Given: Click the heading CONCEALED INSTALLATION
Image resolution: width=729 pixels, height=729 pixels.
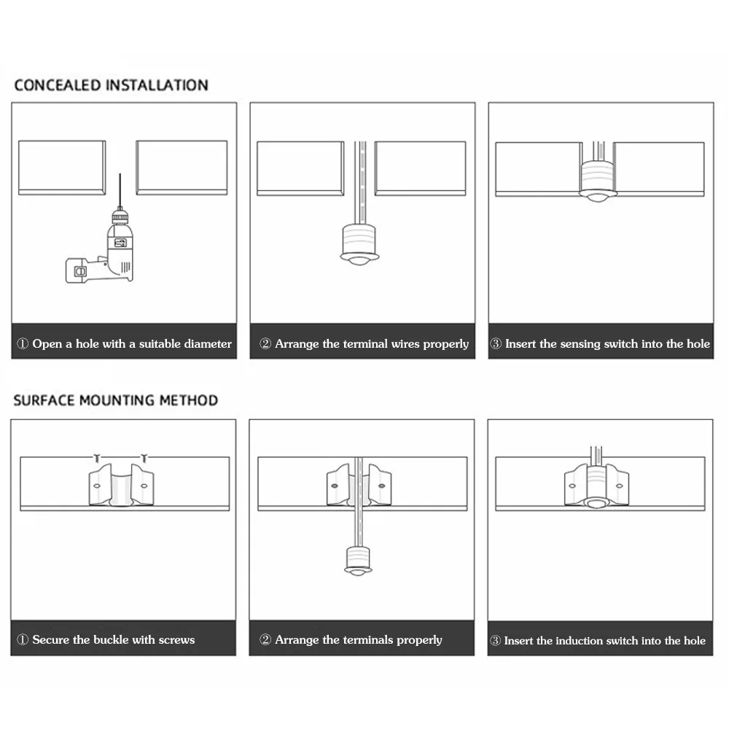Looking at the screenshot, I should point(111,85).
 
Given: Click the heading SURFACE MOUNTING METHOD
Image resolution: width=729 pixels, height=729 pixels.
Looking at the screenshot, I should point(115,400).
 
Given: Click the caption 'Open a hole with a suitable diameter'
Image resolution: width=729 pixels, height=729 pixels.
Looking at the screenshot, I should point(124,343).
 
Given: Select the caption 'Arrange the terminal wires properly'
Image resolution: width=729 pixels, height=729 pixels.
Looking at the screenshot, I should point(364,343).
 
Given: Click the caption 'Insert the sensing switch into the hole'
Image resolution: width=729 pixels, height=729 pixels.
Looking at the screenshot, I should point(600,343).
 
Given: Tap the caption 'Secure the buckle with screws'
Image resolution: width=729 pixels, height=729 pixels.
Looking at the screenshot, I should point(106,639).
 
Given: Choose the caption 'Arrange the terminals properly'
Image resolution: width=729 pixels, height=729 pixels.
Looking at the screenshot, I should point(351,639).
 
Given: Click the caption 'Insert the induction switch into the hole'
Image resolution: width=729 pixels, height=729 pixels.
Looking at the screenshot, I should point(598,641).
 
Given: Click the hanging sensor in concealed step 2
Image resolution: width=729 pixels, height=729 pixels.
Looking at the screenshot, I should point(359,243).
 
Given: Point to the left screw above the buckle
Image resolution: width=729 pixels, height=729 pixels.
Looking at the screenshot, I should point(96,458).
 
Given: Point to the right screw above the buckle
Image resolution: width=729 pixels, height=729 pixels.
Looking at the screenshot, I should point(144,458).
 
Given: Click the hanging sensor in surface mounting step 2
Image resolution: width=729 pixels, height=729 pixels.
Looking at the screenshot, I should point(358,560).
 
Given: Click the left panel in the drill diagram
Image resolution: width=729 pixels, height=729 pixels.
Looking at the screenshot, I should point(62,168).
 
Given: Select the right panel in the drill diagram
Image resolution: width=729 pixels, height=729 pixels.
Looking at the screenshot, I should point(182,168).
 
